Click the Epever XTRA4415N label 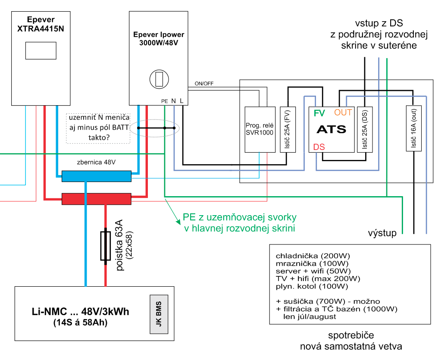[x=40, y=25]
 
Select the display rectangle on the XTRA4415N [x=41, y=50]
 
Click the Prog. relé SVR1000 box [x=260, y=129]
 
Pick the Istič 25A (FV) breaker [x=288, y=129]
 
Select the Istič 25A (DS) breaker [x=364, y=129]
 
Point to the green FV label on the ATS [x=319, y=113]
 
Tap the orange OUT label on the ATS [x=343, y=113]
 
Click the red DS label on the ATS [x=319, y=147]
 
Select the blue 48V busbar [x=96, y=176]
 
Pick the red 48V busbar [x=96, y=199]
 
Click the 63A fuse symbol [x=105, y=246]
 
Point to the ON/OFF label [x=204, y=84]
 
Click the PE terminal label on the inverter [x=164, y=101]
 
